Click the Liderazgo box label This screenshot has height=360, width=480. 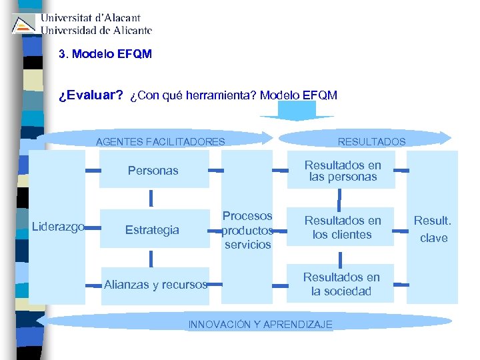[58, 227]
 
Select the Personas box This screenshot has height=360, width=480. [153, 171]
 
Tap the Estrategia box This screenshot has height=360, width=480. [153, 230]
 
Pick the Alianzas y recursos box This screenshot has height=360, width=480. [155, 285]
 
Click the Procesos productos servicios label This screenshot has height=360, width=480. [247, 230]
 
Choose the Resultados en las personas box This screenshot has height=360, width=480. [343, 171]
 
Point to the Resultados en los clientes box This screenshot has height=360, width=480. [343, 227]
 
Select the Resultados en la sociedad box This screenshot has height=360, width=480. [341, 285]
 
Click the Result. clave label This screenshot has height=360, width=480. [433, 228]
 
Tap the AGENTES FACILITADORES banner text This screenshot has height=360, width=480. [160, 141]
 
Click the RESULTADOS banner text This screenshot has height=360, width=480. [371, 141]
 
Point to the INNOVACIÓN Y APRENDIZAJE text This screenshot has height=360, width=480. [260, 325]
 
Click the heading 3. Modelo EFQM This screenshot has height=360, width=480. [105, 54]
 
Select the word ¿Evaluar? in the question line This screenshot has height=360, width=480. [91, 95]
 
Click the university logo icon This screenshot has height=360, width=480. [24, 24]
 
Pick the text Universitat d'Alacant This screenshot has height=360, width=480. [91, 18]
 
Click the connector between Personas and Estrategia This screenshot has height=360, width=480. [151, 198]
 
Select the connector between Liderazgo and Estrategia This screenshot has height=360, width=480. [92, 227]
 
